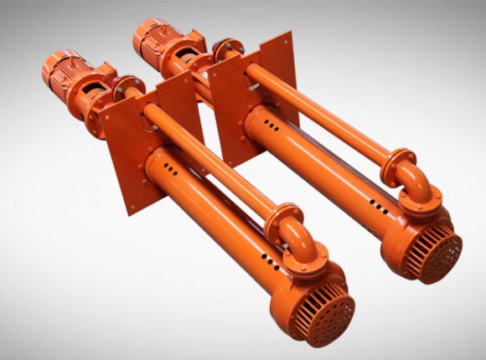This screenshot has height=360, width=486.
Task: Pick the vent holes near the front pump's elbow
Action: (268, 256)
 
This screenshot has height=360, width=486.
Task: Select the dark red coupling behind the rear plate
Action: (224, 50)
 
